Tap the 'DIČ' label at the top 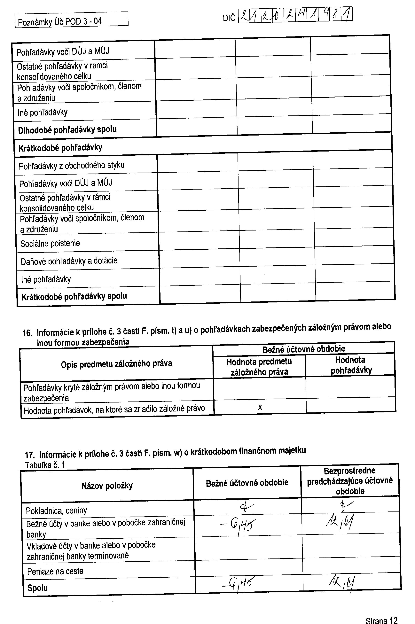[229, 18]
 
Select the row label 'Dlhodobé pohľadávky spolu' [67, 130]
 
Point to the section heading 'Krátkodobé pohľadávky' [60, 148]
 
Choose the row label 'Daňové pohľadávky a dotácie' [69, 261]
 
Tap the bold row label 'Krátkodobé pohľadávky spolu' [74, 296]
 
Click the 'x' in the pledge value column [260, 407]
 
